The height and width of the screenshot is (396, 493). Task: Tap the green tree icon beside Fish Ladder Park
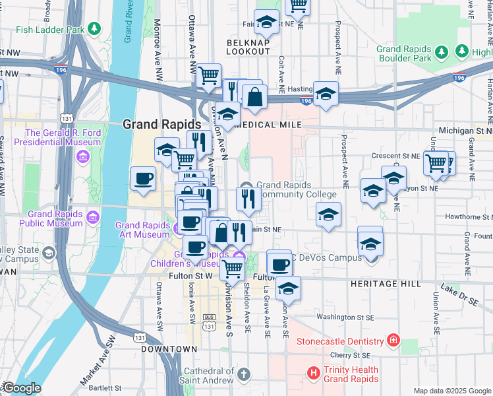click(96, 29)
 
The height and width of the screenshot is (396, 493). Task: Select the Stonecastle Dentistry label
click(340, 341)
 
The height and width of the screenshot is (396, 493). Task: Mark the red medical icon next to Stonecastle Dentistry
click(393, 341)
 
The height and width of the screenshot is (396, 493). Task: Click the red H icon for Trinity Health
click(314, 374)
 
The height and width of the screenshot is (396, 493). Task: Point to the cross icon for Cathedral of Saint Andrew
click(243, 375)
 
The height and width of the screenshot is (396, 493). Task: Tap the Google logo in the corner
click(21, 388)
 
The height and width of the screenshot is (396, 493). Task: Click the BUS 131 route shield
click(210, 326)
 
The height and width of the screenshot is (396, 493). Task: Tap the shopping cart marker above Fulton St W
click(232, 268)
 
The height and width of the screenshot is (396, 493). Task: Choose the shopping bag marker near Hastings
click(254, 96)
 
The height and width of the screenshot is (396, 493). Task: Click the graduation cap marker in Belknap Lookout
click(267, 22)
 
